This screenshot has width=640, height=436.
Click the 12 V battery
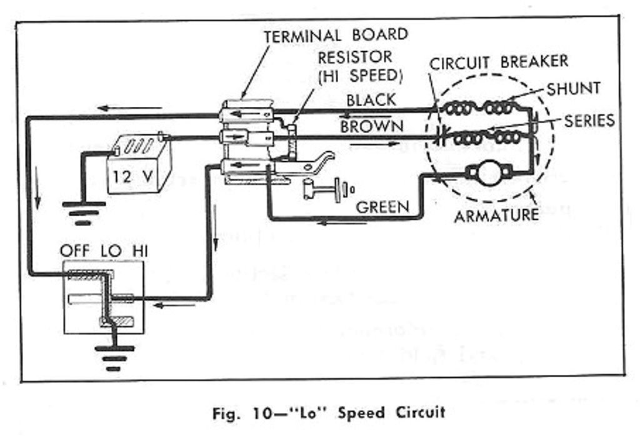coord(139,165)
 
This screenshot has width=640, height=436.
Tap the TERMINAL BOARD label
coord(336,35)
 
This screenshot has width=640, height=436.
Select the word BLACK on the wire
coord(371,100)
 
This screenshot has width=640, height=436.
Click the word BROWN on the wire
coord(372,126)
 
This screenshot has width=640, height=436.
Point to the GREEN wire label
coord(382,207)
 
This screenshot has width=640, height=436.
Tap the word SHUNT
coord(573,89)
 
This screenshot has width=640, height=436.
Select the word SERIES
coord(589,120)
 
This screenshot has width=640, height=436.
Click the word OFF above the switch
coord(75,251)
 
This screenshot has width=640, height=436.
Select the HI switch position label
coord(139,251)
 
